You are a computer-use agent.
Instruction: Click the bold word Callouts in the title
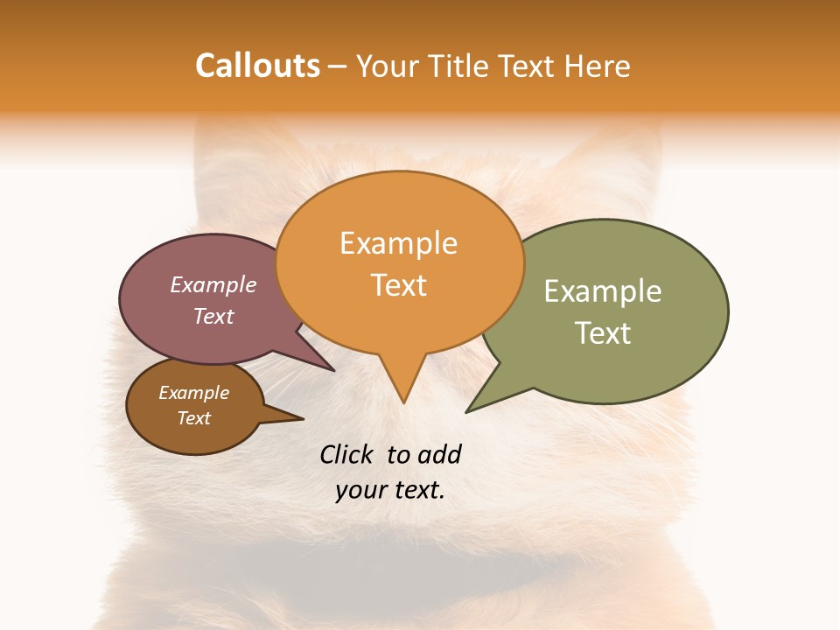click(x=257, y=66)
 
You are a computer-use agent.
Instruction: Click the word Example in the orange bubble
click(x=398, y=243)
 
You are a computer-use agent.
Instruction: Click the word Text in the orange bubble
click(x=399, y=285)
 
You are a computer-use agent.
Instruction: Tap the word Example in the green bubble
click(x=603, y=291)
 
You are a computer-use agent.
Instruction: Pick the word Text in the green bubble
click(x=603, y=333)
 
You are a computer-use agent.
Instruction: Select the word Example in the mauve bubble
click(x=213, y=284)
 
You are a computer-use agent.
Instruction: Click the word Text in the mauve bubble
click(x=213, y=317)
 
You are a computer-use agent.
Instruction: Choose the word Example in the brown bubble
click(x=193, y=393)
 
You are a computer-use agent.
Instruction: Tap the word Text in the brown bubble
click(x=193, y=418)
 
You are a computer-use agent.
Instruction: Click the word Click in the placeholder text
click(x=348, y=454)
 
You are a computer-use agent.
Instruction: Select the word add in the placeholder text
click(x=438, y=454)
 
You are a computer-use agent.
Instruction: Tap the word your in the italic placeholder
click(x=359, y=490)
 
